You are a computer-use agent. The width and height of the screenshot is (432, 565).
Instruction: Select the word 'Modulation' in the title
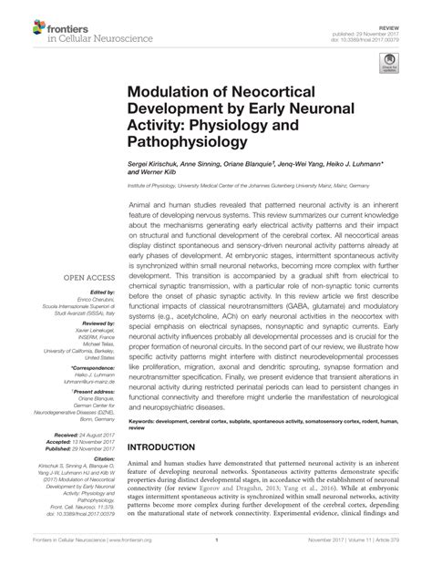pos(174,94)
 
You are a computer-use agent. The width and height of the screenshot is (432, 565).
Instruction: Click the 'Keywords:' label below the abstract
pos(145,423)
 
